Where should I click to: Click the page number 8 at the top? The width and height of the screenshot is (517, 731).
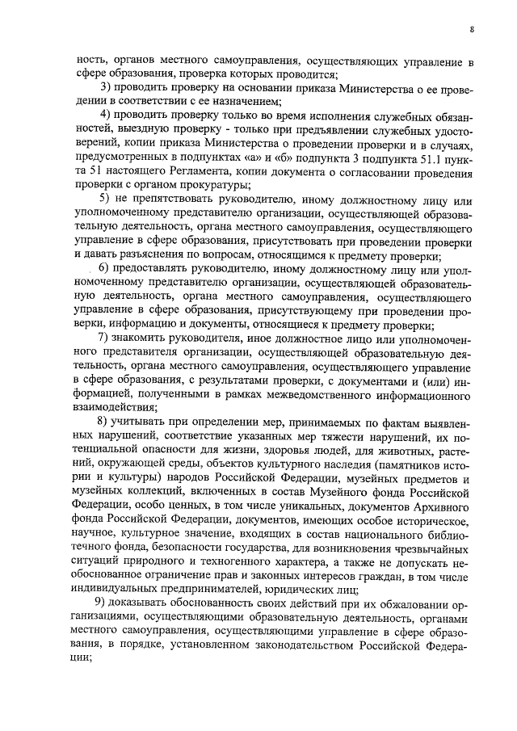coord(471,31)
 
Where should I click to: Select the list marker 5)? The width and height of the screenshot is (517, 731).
coord(105,198)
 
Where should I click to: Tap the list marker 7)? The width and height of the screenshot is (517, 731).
coord(105,336)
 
